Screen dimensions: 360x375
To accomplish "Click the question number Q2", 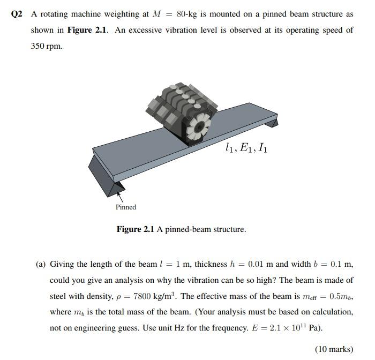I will coord(17,14).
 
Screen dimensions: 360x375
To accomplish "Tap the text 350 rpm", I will coord(47,46).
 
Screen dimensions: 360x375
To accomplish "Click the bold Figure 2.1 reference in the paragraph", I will coord(87,30).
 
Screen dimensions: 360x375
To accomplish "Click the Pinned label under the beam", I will coord(126,207).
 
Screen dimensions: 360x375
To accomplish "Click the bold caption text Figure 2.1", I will coord(136,229).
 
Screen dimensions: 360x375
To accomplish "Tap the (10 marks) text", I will coord(334,349).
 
